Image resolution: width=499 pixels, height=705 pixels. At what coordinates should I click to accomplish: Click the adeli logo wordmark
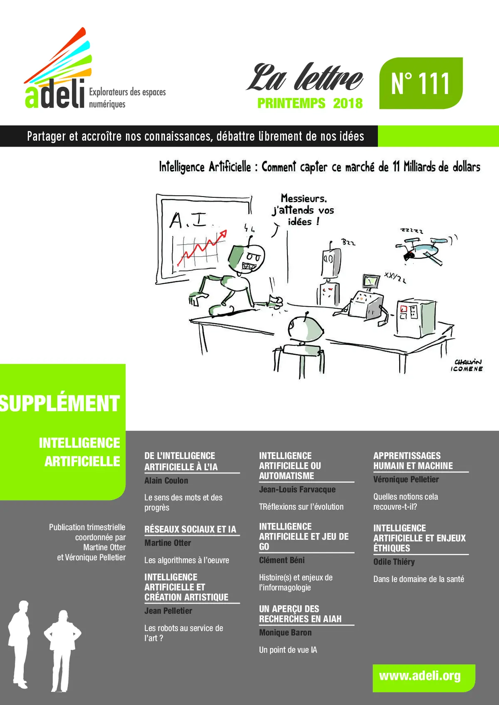(x=54, y=94)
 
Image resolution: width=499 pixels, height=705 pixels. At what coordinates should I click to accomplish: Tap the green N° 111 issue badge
(x=420, y=83)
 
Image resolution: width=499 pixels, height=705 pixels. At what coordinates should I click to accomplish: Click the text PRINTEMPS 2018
(x=310, y=103)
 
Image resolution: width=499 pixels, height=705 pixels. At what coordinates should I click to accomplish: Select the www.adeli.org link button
(x=420, y=676)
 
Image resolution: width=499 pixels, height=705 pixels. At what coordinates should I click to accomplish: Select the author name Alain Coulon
(x=166, y=481)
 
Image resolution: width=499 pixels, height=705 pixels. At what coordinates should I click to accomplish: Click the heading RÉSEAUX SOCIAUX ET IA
(x=190, y=529)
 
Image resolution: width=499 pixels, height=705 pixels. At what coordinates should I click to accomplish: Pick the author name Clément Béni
(x=282, y=560)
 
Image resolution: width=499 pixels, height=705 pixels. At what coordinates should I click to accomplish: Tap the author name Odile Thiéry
(x=394, y=562)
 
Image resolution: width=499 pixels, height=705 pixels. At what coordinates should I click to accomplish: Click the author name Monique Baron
(x=285, y=632)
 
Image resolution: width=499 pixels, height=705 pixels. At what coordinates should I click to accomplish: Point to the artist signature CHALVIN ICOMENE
(x=467, y=366)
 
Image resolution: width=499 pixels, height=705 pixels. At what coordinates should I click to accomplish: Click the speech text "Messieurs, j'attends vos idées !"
(x=303, y=210)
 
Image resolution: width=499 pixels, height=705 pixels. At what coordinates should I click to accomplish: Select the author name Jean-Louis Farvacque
(x=297, y=489)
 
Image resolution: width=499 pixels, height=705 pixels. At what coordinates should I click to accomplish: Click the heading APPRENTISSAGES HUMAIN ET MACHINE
(x=413, y=461)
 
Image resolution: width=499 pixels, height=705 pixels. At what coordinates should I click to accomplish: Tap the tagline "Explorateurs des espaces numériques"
(x=127, y=98)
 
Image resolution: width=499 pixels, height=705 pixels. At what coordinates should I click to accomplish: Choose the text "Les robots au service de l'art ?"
(x=183, y=633)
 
